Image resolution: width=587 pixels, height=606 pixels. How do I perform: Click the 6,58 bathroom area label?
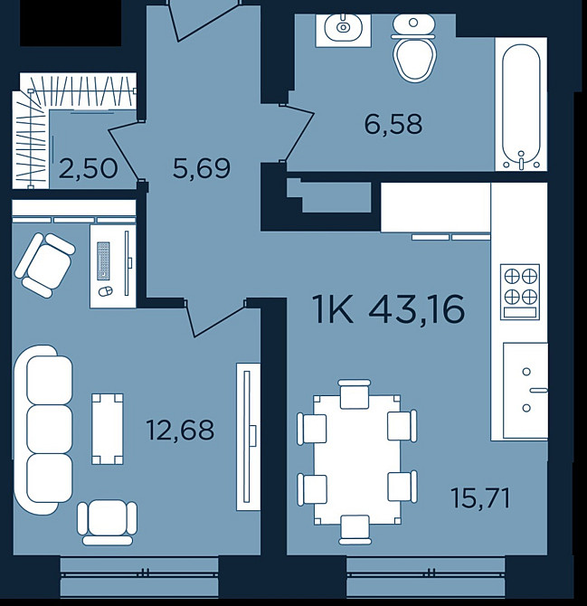click(x=393, y=125)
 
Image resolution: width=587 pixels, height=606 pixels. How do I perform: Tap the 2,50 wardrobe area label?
click(x=88, y=169)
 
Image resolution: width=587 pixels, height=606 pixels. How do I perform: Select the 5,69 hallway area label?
click(x=202, y=168)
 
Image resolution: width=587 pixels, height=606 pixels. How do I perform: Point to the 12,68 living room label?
click(x=180, y=431)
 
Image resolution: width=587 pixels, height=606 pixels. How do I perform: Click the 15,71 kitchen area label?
click(x=480, y=498)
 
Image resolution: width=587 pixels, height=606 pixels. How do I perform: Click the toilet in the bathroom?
click(x=413, y=48)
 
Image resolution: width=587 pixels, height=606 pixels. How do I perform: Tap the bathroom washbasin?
click(x=343, y=27)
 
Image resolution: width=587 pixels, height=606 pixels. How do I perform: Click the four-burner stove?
click(x=520, y=292)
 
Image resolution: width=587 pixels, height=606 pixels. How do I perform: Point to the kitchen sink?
click(x=525, y=390)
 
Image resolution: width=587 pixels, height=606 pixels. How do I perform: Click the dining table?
click(x=356, y=459)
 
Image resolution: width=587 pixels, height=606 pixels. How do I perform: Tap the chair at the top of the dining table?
click(x=355, y=393)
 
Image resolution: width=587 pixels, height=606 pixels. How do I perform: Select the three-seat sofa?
click(x=43, y=430)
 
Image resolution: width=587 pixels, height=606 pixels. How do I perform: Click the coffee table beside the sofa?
click(x=108, y=429)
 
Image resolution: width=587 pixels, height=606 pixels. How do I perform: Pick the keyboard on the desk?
click(x=103, y=260)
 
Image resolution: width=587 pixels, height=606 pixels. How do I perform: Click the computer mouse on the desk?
click(x=106, y=291)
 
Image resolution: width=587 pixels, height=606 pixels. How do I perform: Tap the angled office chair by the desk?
click(x=45, y=265)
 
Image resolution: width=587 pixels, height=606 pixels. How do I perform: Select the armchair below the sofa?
click(x=107, y=522)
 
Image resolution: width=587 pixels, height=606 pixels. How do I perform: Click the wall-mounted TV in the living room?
click(x=248, y=437)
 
